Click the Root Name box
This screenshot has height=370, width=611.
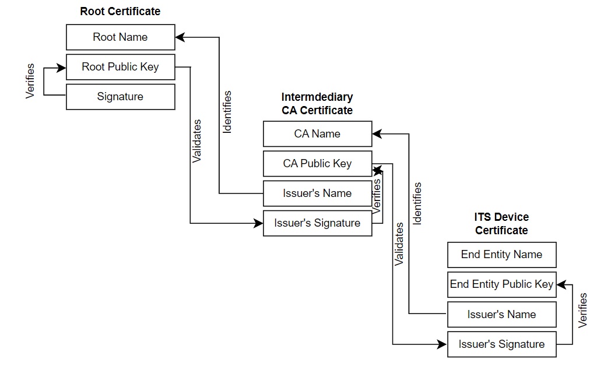120,37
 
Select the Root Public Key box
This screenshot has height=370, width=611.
120,67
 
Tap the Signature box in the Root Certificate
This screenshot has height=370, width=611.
120,97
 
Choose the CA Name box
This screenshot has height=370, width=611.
317,134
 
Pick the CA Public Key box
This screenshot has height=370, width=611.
317,164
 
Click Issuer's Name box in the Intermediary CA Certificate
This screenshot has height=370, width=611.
317,193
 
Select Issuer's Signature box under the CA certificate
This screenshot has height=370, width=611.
317,223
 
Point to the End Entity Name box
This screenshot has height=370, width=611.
501,255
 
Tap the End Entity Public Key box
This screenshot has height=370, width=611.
501,284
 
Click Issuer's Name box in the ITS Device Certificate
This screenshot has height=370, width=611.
501,315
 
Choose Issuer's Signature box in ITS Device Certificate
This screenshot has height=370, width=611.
501,344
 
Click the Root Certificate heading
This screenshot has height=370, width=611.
120,11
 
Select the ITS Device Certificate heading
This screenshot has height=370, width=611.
501,224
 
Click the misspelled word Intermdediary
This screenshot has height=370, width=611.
317,97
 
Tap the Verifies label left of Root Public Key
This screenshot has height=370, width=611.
31,81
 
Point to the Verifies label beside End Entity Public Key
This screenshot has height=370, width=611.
582,311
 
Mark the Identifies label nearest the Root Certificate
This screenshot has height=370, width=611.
227,112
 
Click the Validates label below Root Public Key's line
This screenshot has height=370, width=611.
197,141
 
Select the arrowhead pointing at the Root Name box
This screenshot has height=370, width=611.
180,37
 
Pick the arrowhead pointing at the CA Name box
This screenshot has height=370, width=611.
377,134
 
